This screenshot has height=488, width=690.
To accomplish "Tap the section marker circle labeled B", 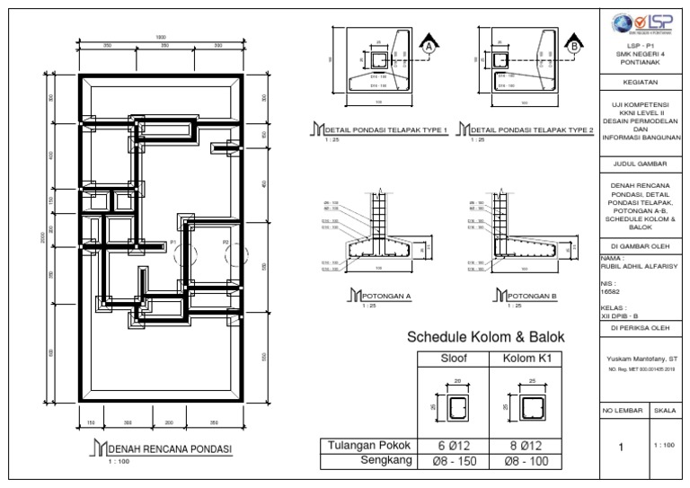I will click(x=573, y=45).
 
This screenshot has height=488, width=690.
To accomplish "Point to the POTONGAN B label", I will click(x=532, y=295).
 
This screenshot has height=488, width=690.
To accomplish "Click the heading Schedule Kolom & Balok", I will click(x=486, y=338).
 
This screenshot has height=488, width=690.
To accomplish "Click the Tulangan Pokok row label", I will click(x=368, y=445).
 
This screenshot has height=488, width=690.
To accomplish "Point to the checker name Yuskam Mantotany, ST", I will click(x=641, y=359).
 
